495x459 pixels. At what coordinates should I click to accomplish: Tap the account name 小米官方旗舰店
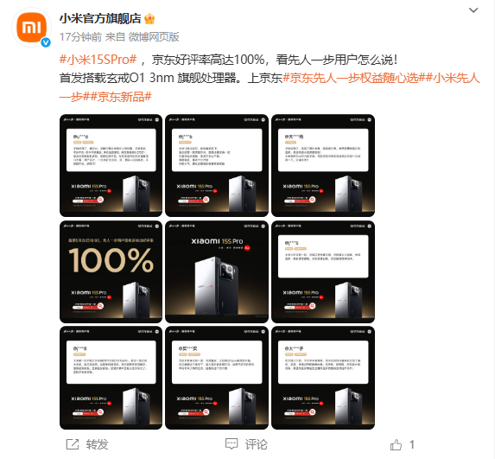(99, 18)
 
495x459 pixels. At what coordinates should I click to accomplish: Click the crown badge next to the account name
(149, 18)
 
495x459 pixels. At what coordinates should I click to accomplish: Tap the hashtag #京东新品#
(123, 95)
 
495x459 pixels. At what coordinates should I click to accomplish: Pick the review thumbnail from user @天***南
(323, 163)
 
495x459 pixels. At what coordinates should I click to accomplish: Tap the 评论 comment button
(247, 444)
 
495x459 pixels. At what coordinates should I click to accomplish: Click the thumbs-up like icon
(396, 444)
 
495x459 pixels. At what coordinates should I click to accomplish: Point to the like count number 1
(413, 444)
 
